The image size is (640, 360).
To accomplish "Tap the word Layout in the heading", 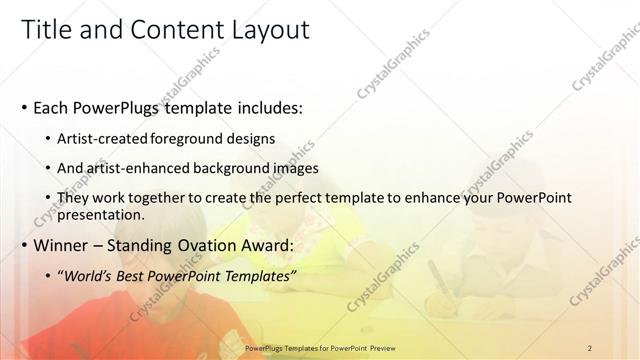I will (x=270, y=30).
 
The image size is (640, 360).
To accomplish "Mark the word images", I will (x=295, y=168).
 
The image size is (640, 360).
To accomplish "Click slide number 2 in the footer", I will (x=590, y=347).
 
